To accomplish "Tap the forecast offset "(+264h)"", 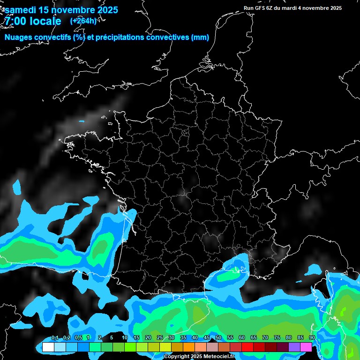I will coord(83,21).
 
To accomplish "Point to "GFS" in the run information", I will coord(260,8).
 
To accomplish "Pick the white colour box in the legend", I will coord(48,347).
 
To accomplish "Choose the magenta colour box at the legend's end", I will coord(306,347).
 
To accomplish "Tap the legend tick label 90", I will coord(312,337).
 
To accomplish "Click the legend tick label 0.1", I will coord(54,337).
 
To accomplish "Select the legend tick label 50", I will coord(218,337).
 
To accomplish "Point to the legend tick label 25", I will coord(160,337).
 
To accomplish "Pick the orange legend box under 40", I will coord(189,347).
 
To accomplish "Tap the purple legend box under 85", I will coord(294,347).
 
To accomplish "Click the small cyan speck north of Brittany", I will coord(82,122).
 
